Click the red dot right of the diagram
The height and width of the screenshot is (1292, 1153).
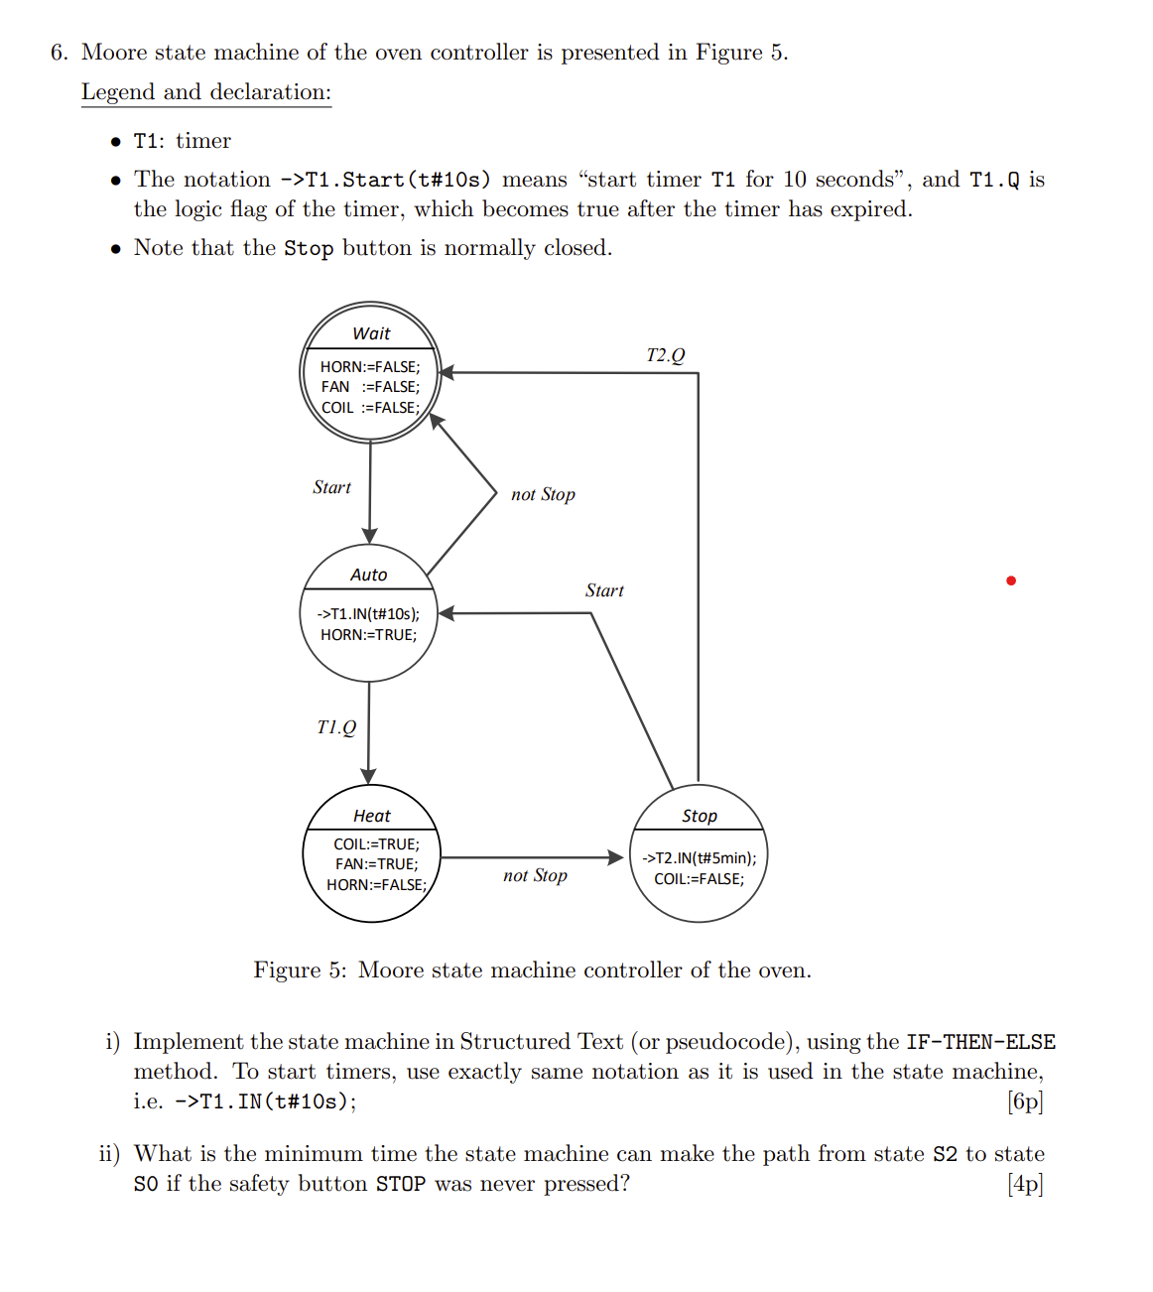tap(1010, 581)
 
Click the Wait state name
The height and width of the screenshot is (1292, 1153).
tap(371, 333)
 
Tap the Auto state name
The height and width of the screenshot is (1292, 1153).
tap(368, 575)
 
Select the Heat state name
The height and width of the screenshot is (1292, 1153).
tap(372, 816)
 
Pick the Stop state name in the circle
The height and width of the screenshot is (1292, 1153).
tap(700, 816)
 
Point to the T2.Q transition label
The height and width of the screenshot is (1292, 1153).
tap(665, 355)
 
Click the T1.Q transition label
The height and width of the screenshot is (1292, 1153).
tap(336, 727)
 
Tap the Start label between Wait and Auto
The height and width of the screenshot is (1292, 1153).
tap(331, 487)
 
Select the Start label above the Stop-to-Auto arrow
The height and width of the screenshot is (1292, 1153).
tap(604, 590)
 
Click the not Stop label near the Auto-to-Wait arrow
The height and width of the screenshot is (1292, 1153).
tap(543, 494)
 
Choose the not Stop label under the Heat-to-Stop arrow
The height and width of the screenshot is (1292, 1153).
tap(535, 875)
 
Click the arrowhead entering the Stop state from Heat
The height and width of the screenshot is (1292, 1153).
tap(616, 856)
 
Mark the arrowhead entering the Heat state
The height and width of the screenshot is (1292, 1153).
tap(369, 776)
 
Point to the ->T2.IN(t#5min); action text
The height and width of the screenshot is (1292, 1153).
tap(700, 858)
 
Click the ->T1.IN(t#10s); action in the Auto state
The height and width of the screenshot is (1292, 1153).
tap(368, 614)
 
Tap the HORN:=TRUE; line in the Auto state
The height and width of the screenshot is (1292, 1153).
tap(368, 635)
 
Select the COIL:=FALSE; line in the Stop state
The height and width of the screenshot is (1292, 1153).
tap(699, 879)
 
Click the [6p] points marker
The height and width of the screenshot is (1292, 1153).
tap(1025, 1101)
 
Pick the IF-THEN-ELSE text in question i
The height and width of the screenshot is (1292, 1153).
tap(980, 1042)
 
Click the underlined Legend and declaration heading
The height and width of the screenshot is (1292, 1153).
tap(206, 92)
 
